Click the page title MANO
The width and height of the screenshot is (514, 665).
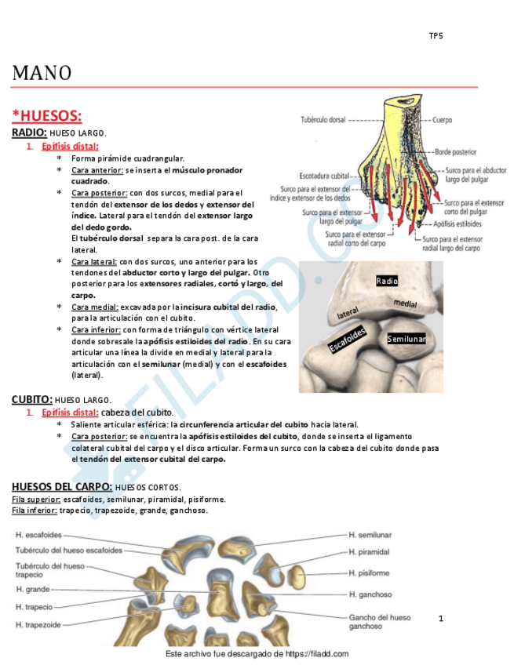[42, 73]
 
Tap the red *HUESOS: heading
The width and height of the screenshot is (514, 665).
[46, 116]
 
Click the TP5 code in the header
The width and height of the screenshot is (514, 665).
[436, 36]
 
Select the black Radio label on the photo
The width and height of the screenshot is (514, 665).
[387, 281]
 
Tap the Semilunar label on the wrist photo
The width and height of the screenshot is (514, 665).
[406, 339]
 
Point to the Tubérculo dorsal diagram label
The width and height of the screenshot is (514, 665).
[324, 120]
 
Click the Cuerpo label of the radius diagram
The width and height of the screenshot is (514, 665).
[443, 121]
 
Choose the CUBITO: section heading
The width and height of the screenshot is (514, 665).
[32, 399]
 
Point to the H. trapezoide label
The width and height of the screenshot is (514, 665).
[38, 624]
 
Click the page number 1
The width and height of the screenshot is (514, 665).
[441, 619]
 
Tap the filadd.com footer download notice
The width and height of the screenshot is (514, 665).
[257, 654]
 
